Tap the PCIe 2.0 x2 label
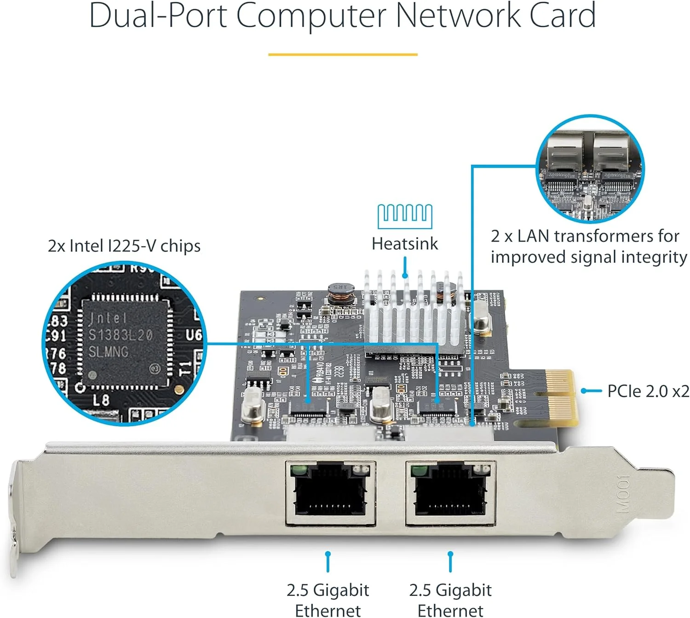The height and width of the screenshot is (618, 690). coord(648,391)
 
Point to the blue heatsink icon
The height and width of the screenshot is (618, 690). coord(405,216)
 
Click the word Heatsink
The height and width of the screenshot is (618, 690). coord(405,243)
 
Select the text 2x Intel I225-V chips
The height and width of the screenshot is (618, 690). coord(124,246)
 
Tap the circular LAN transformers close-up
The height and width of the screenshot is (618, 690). coord(590,169)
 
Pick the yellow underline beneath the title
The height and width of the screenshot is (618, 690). coord(343,54)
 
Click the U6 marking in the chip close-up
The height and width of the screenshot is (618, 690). coord(193,335)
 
